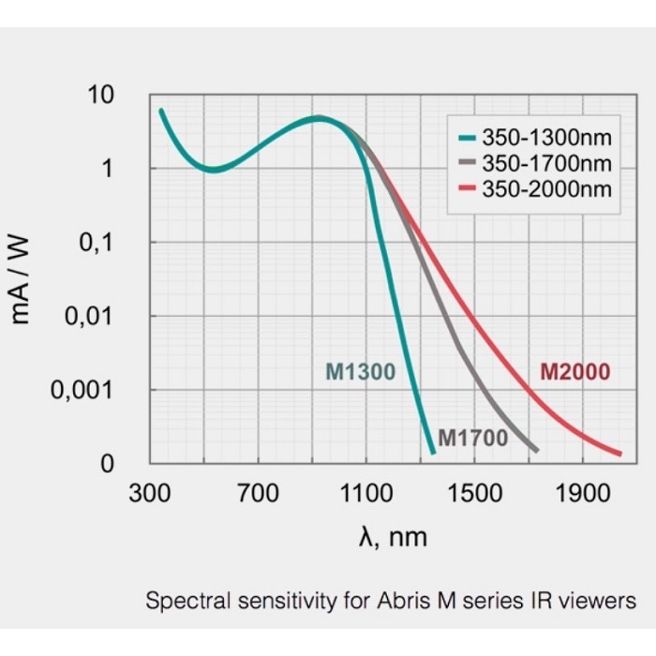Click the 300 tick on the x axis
149,491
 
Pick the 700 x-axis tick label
258,491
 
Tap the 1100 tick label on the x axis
365,491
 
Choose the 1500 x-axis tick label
474,491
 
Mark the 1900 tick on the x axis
582,491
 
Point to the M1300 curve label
361,372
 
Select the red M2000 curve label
574,372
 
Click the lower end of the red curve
619,453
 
